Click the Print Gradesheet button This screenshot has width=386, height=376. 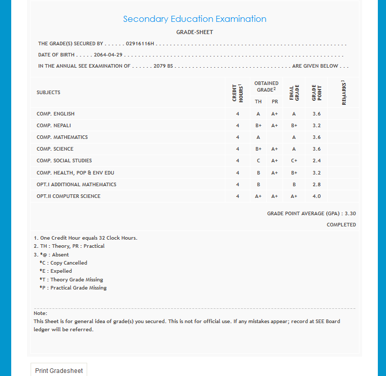point(59,370)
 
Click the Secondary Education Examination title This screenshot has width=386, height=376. point(194,19)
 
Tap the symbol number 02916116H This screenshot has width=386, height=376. point(140,44)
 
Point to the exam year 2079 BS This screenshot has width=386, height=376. point(163,66)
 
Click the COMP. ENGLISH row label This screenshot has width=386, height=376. point(56,114)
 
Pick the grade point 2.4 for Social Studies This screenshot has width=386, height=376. point(316,161)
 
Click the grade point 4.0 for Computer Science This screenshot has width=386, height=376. point(316,196)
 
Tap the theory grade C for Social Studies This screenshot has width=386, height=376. point(259,161)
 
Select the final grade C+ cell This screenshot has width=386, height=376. point(294,161)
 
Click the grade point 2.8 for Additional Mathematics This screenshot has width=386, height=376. point(316,185)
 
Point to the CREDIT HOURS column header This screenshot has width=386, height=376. point(238,93)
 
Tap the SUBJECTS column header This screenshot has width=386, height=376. point(48,93)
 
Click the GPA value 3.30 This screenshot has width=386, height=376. point(350,214)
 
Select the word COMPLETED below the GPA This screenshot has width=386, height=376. point(341,225)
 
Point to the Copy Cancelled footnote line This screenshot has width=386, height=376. point(63,263)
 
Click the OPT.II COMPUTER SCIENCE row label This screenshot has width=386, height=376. point(68,196)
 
